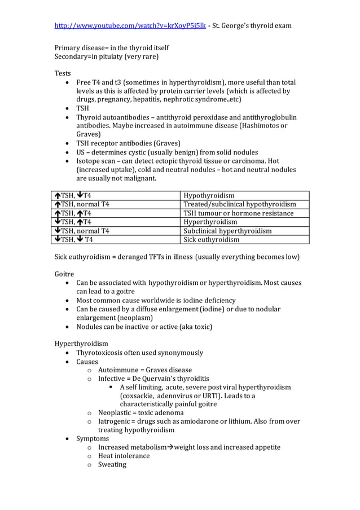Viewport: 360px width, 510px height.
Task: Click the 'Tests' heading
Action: coord(63,74)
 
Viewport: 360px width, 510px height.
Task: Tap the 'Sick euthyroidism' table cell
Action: coord(211,239)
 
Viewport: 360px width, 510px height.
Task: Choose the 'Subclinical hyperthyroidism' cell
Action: coord(227,231)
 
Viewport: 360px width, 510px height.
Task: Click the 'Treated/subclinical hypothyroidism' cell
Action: coord(239,204)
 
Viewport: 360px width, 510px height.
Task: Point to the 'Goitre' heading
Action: coord(64,274)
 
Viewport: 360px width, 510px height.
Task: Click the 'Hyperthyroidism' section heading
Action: coord(81,344)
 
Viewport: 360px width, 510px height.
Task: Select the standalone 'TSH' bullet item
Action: coord(82,108)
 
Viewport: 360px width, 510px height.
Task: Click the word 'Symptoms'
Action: coord(93,438)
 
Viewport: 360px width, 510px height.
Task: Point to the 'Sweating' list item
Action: coord(112,465)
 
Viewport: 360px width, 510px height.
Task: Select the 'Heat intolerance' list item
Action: coord(124,456)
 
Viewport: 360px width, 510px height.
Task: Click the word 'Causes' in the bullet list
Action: coord(87,362)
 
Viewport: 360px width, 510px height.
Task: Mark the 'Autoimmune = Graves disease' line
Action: coord(144,370)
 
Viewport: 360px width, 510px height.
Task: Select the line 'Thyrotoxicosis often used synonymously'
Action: coord(139,353)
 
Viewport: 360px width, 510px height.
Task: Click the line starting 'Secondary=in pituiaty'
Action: coord(106,56)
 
